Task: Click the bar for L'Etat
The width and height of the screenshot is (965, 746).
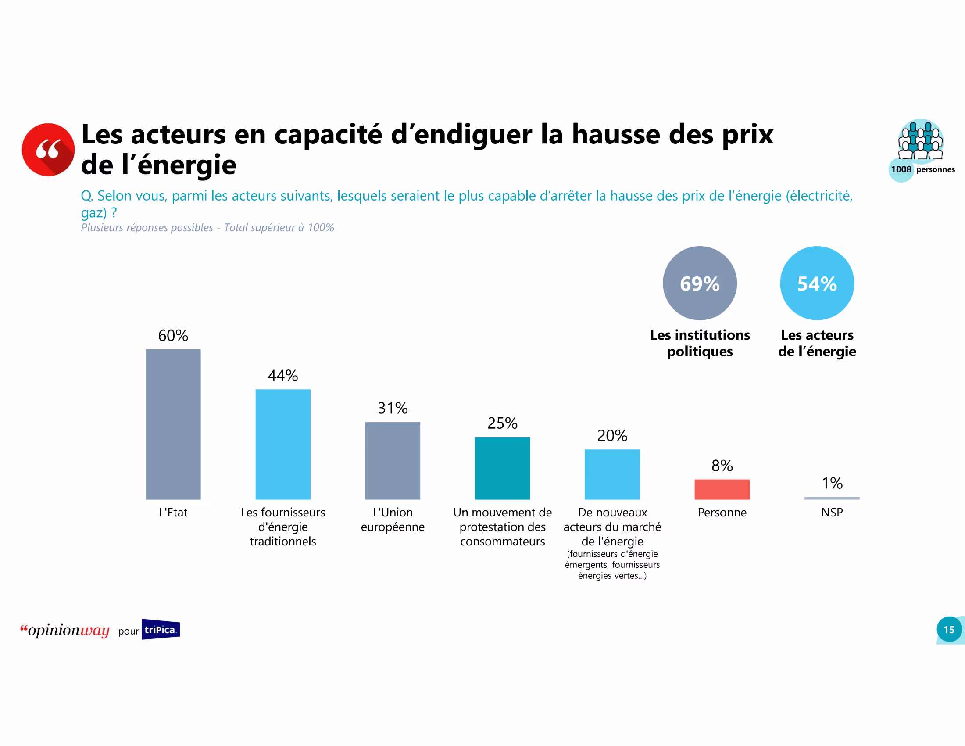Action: [173, 424]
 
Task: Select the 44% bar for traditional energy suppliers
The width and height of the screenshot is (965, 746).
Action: [283, 444]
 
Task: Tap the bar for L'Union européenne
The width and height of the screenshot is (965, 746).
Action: [393, 460]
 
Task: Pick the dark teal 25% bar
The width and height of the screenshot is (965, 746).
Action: [502, 468]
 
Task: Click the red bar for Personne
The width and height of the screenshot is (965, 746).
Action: [722, 489]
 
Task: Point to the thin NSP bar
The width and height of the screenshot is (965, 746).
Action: [832, 498]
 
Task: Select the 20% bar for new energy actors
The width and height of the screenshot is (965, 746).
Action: [612, 474]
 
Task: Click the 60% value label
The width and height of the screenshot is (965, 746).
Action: [173, 335]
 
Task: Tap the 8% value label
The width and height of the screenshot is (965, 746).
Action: [722, 465]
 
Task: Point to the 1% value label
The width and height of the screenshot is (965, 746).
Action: [832, 483]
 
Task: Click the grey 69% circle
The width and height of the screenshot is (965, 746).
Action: [700, 283]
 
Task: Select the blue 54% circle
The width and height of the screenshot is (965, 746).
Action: [817, 283]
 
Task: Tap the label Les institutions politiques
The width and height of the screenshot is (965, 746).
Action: [700, 343]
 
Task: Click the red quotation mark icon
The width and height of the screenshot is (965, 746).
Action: [48, 149]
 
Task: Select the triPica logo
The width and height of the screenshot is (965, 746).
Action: [161, 629]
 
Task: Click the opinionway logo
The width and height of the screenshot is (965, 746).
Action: [65, 630]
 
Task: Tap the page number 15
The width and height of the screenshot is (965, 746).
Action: [949, 629]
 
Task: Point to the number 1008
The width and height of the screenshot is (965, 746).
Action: [901, 169]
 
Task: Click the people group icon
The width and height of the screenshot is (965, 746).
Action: [920, 140]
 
